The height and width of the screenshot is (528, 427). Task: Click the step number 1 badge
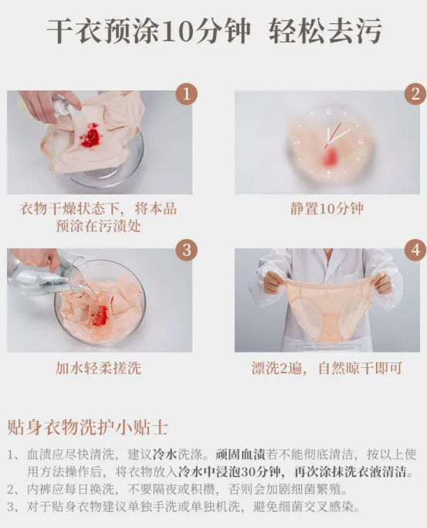tap(186, 94)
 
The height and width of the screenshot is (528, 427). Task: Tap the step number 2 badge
tap(415, 94)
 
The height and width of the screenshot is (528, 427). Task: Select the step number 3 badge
tap(186, 250)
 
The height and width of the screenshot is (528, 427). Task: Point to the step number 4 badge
tap(415, 250)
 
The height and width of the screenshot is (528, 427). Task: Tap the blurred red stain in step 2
tap(329, 158)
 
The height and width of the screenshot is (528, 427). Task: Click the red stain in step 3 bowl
tap(101, 314)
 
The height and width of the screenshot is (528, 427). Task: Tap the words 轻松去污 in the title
tap(325, 32)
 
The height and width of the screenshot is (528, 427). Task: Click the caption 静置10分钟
tap(327, 209)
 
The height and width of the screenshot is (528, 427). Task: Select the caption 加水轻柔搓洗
tap(98, 368)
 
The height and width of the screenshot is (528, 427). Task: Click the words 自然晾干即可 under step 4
tap(360, 368)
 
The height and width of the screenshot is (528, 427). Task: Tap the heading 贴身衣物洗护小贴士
tap(87, 428)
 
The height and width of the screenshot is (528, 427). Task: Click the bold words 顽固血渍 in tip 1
tap(241, 455)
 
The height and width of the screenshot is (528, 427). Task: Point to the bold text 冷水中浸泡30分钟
tap(229, 472)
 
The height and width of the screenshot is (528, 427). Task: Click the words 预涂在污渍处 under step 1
tap(98, 226)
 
